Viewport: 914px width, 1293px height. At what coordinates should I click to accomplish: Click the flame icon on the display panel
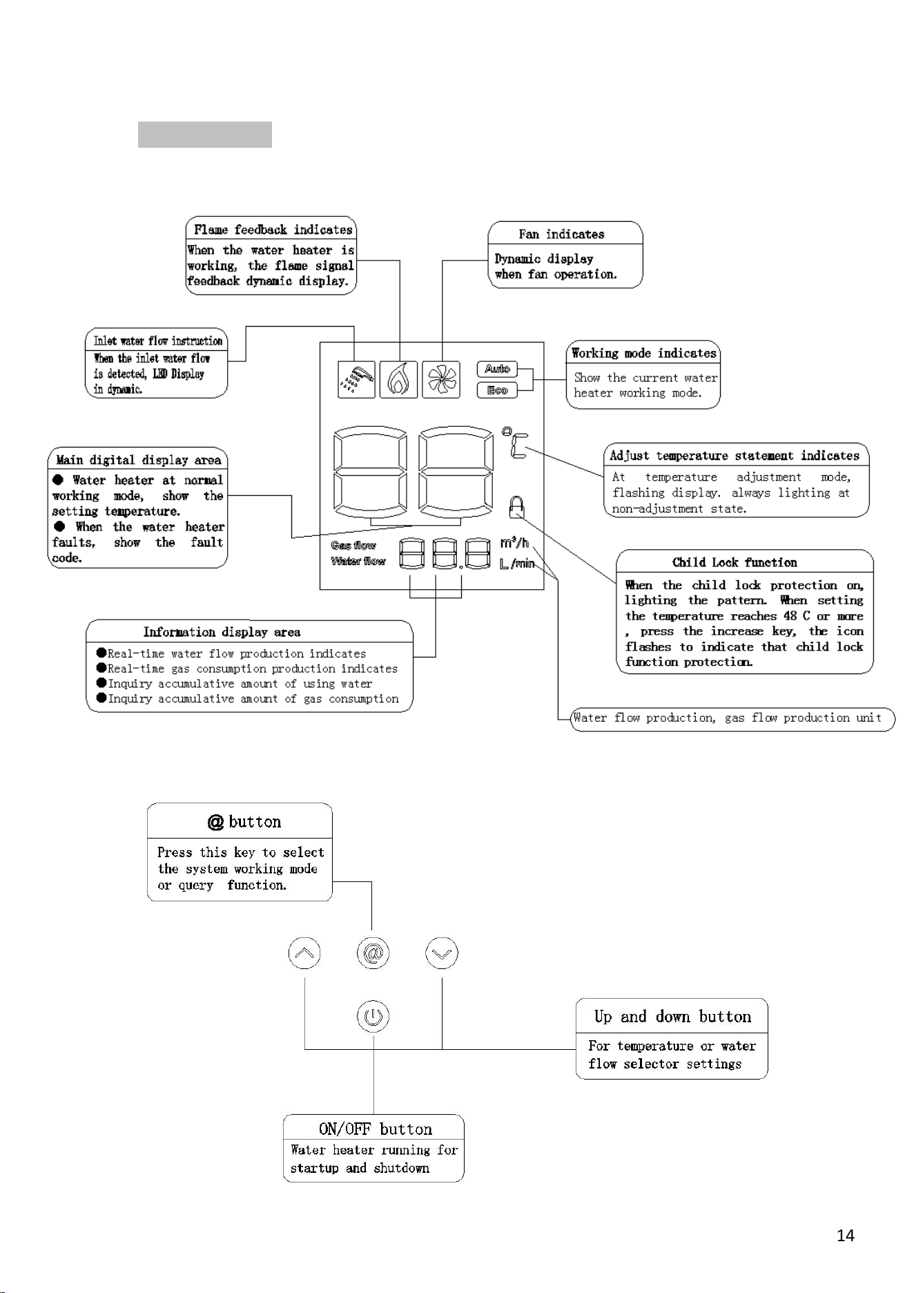[x=399, y=379]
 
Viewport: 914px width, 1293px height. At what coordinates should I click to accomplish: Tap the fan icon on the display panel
[x=441, y=379]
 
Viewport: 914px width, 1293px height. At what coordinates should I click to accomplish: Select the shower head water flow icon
[x=357, y=379]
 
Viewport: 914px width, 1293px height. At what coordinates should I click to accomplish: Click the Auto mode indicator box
[x=497, y=370]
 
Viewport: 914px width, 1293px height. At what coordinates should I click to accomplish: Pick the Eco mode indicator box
[x=497, y=390]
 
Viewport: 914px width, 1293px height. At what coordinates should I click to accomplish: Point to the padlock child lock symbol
[x=516, y=506]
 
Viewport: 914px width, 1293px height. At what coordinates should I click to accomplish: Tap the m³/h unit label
[x=514, y=542]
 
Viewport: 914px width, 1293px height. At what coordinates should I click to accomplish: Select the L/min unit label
[x=517, y=564]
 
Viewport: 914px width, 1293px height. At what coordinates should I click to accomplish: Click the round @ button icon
[x=373, y=954]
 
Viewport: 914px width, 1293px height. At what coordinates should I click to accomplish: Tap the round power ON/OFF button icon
[x=373, y=1017]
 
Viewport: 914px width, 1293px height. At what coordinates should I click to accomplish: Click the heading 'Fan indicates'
[x=561, y=234]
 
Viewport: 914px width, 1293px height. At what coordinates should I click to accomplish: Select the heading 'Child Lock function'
[x=735, y=562]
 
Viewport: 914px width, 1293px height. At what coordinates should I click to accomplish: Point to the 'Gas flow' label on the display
[x=353, y=546]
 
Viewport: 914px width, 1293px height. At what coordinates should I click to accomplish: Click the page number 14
[x=846, y=1236]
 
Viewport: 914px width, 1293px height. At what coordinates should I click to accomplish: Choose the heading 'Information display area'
[x=222, y=632]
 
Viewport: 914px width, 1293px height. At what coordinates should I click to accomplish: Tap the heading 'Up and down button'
[x=672, y=1017]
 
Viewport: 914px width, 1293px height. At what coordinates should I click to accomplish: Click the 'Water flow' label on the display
[x=358, y=562]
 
